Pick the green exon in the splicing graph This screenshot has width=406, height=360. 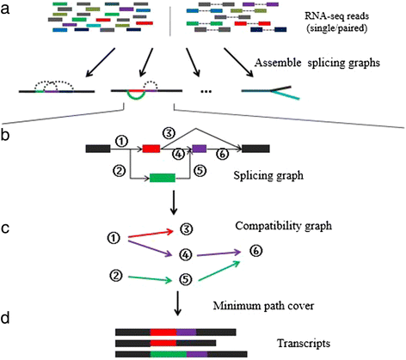coord(162,179)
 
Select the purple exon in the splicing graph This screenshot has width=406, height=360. coord(200,149)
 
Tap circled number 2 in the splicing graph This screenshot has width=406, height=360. coord(120,166)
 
